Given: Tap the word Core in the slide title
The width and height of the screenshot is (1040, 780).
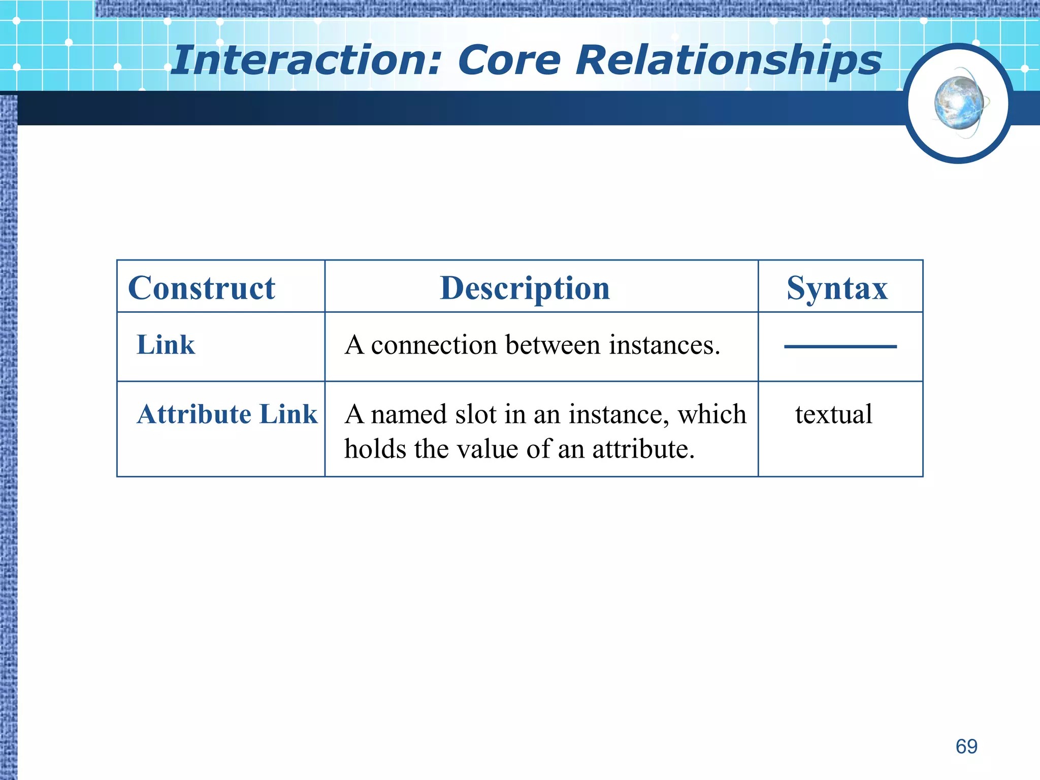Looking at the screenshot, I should point(509,60).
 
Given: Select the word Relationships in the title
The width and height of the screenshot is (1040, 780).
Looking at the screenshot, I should point(728,60).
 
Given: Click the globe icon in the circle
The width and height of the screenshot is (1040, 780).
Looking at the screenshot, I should point(959,103).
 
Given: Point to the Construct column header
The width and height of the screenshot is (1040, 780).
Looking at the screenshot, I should point(202,288).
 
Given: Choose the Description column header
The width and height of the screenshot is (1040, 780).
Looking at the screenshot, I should point(525,288).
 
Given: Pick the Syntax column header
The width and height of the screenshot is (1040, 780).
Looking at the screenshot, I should point(837,288).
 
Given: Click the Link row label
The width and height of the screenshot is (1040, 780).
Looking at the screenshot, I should point(166,345).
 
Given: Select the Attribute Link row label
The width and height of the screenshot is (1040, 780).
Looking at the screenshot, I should point(227,414).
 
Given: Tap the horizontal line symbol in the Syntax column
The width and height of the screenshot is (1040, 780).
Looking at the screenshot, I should point(840,346).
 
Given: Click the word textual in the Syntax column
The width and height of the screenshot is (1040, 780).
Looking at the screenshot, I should point(834,414).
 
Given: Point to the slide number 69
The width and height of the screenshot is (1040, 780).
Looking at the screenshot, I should point(966,746).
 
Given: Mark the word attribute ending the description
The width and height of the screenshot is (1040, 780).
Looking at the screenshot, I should point(640,449).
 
